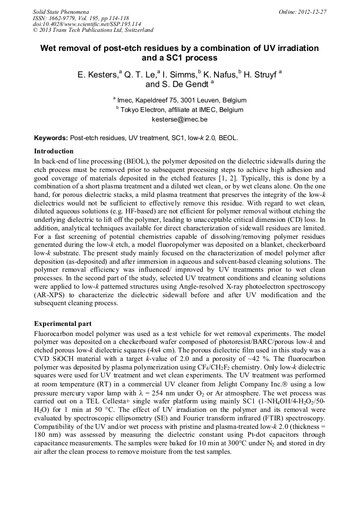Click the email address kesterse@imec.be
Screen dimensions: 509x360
tap(179, 119)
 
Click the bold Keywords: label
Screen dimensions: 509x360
tap(51, 137)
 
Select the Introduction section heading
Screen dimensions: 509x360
tap(54, 151)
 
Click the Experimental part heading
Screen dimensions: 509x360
tap(63, 323)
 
